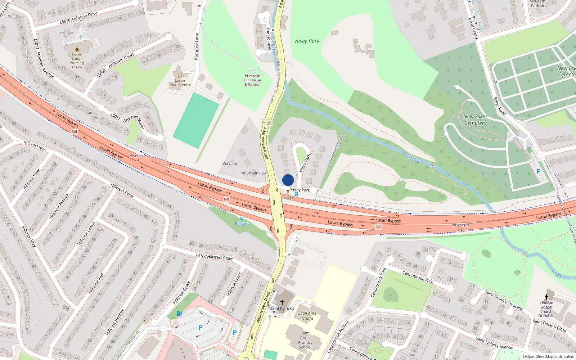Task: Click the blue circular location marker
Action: click(288, 180)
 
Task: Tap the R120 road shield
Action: click(267, 123)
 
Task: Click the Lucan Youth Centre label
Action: click(180, 82)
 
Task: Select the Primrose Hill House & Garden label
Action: click(252, 80)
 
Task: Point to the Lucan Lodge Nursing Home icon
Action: click(77, 49)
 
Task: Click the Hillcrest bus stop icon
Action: click(242, 219)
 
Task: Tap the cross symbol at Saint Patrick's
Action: click(282, 302)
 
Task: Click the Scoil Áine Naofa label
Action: click(307, 316)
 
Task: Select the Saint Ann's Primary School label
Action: click(305, 340)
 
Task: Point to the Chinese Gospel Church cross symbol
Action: click(546, 297)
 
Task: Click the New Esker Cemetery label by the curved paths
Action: click(475, 120)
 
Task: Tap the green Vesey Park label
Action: click(307, 41)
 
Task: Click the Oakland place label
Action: click(230, 164)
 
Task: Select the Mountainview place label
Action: click(253, 173)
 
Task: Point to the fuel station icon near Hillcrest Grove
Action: click(179, 313)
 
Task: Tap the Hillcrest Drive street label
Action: click(122, 190)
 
